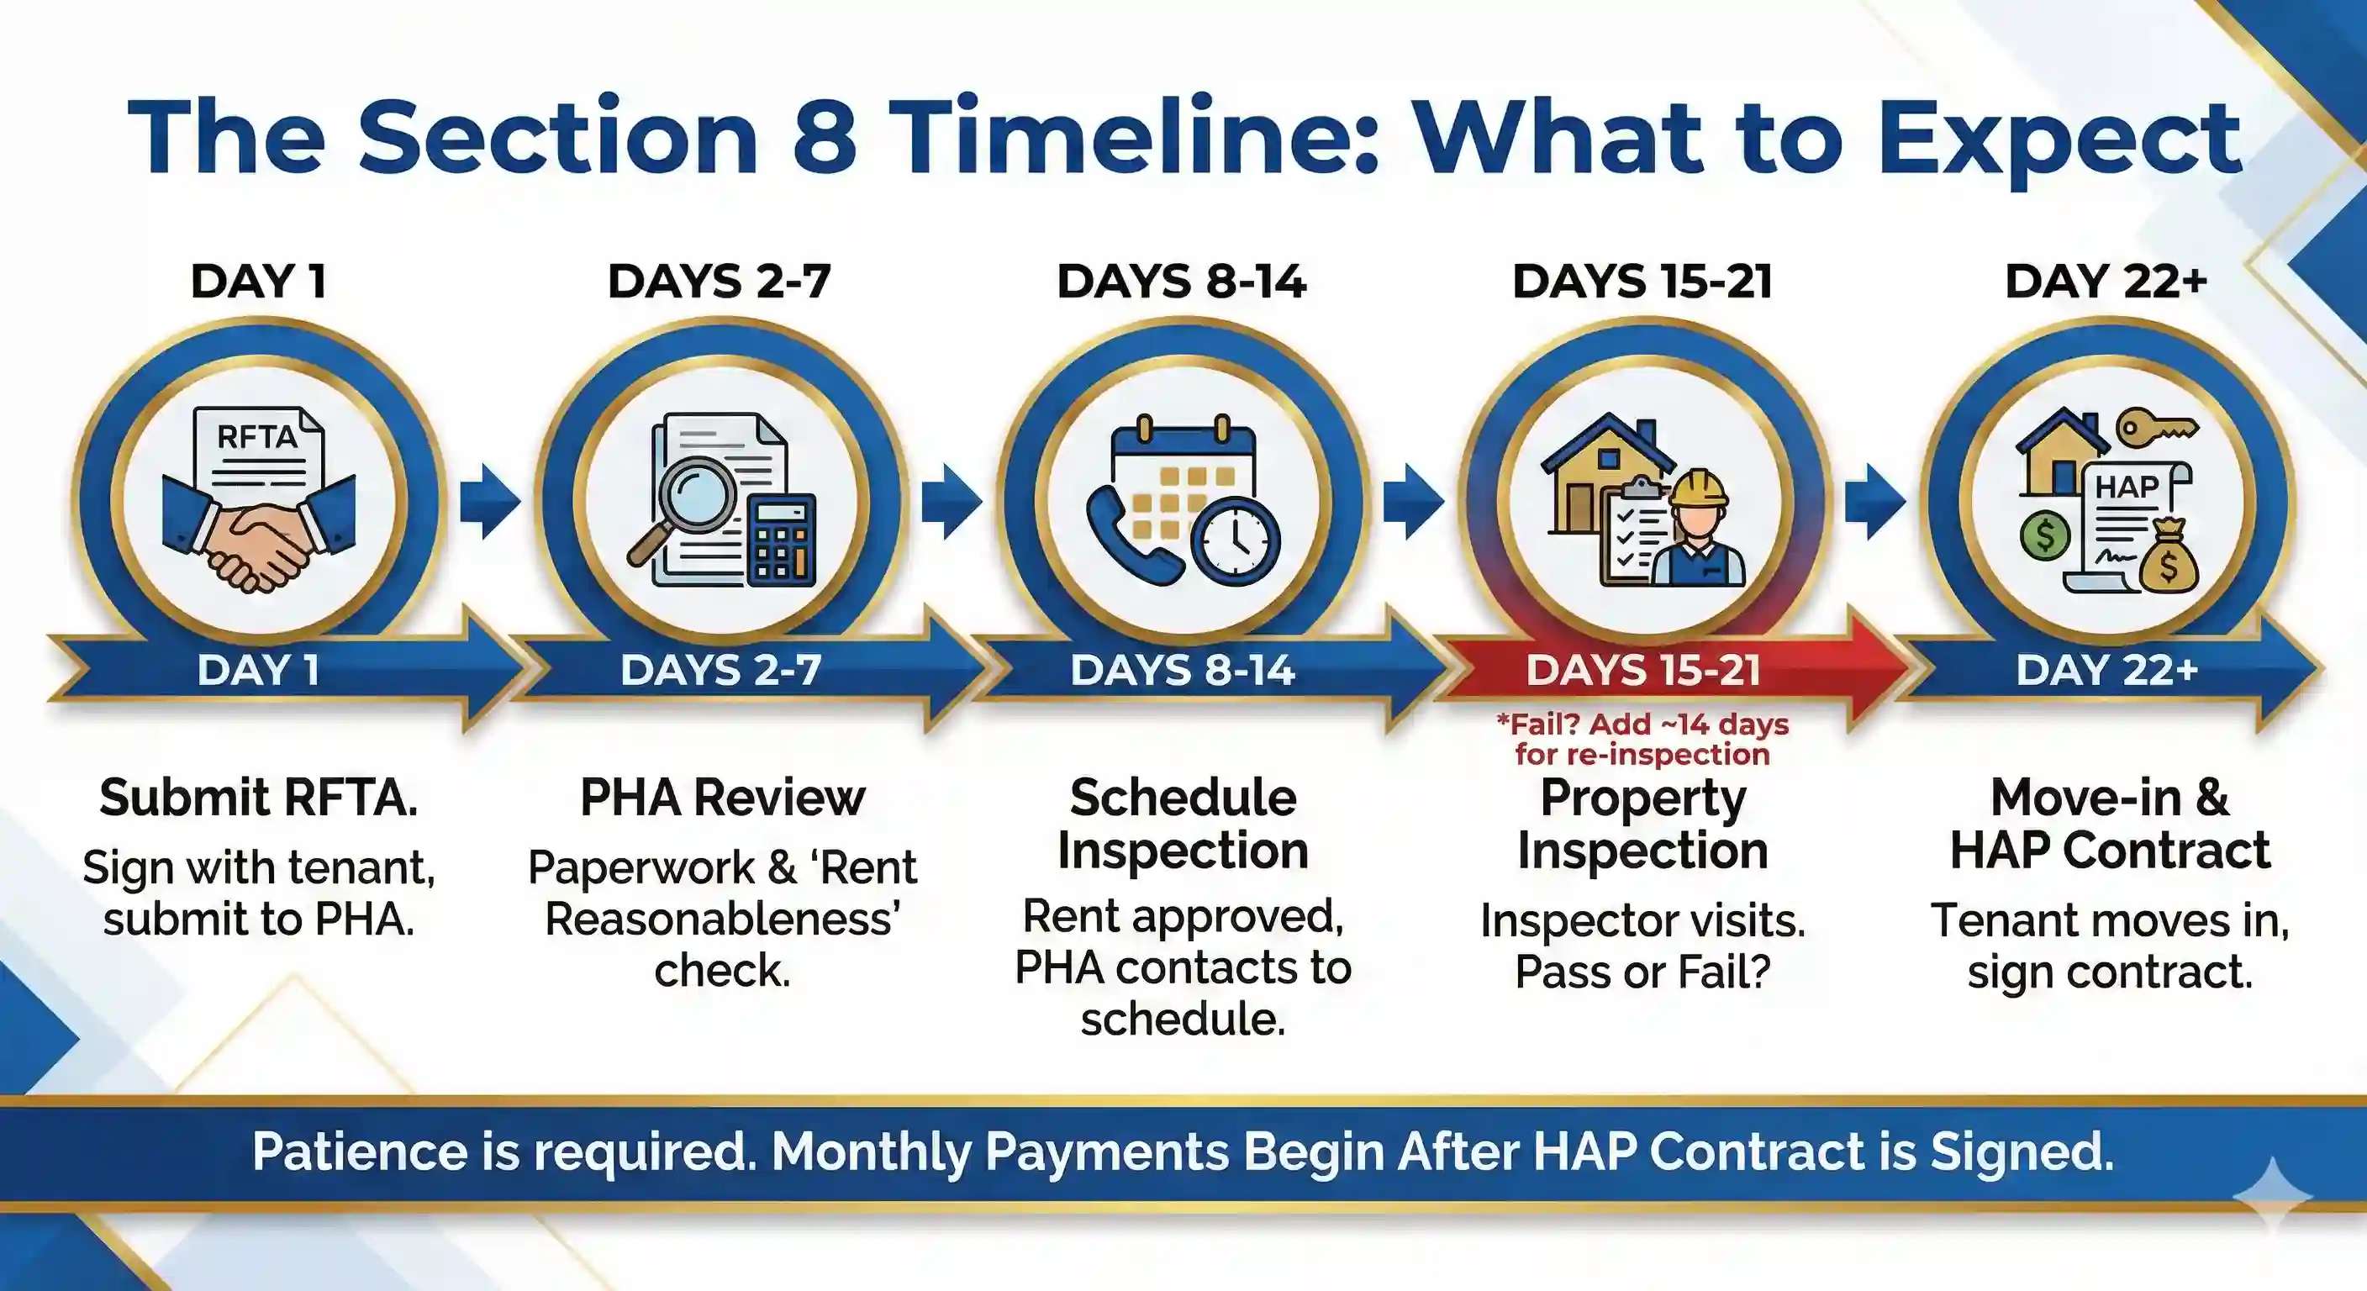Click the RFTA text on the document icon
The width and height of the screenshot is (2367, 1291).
coord(256,436)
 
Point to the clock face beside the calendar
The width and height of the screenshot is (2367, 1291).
coord(1235,541)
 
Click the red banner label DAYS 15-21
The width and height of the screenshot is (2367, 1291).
coord(1643,670)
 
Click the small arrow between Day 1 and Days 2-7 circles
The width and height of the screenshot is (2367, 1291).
coord(490,501)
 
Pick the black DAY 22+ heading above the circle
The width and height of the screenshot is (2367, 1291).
coord(2105,282)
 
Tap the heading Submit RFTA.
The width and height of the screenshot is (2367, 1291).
coord(258,798)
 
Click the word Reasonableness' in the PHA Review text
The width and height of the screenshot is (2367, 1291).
coord(722,919)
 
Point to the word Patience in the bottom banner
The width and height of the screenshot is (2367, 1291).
coord(359,1151)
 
